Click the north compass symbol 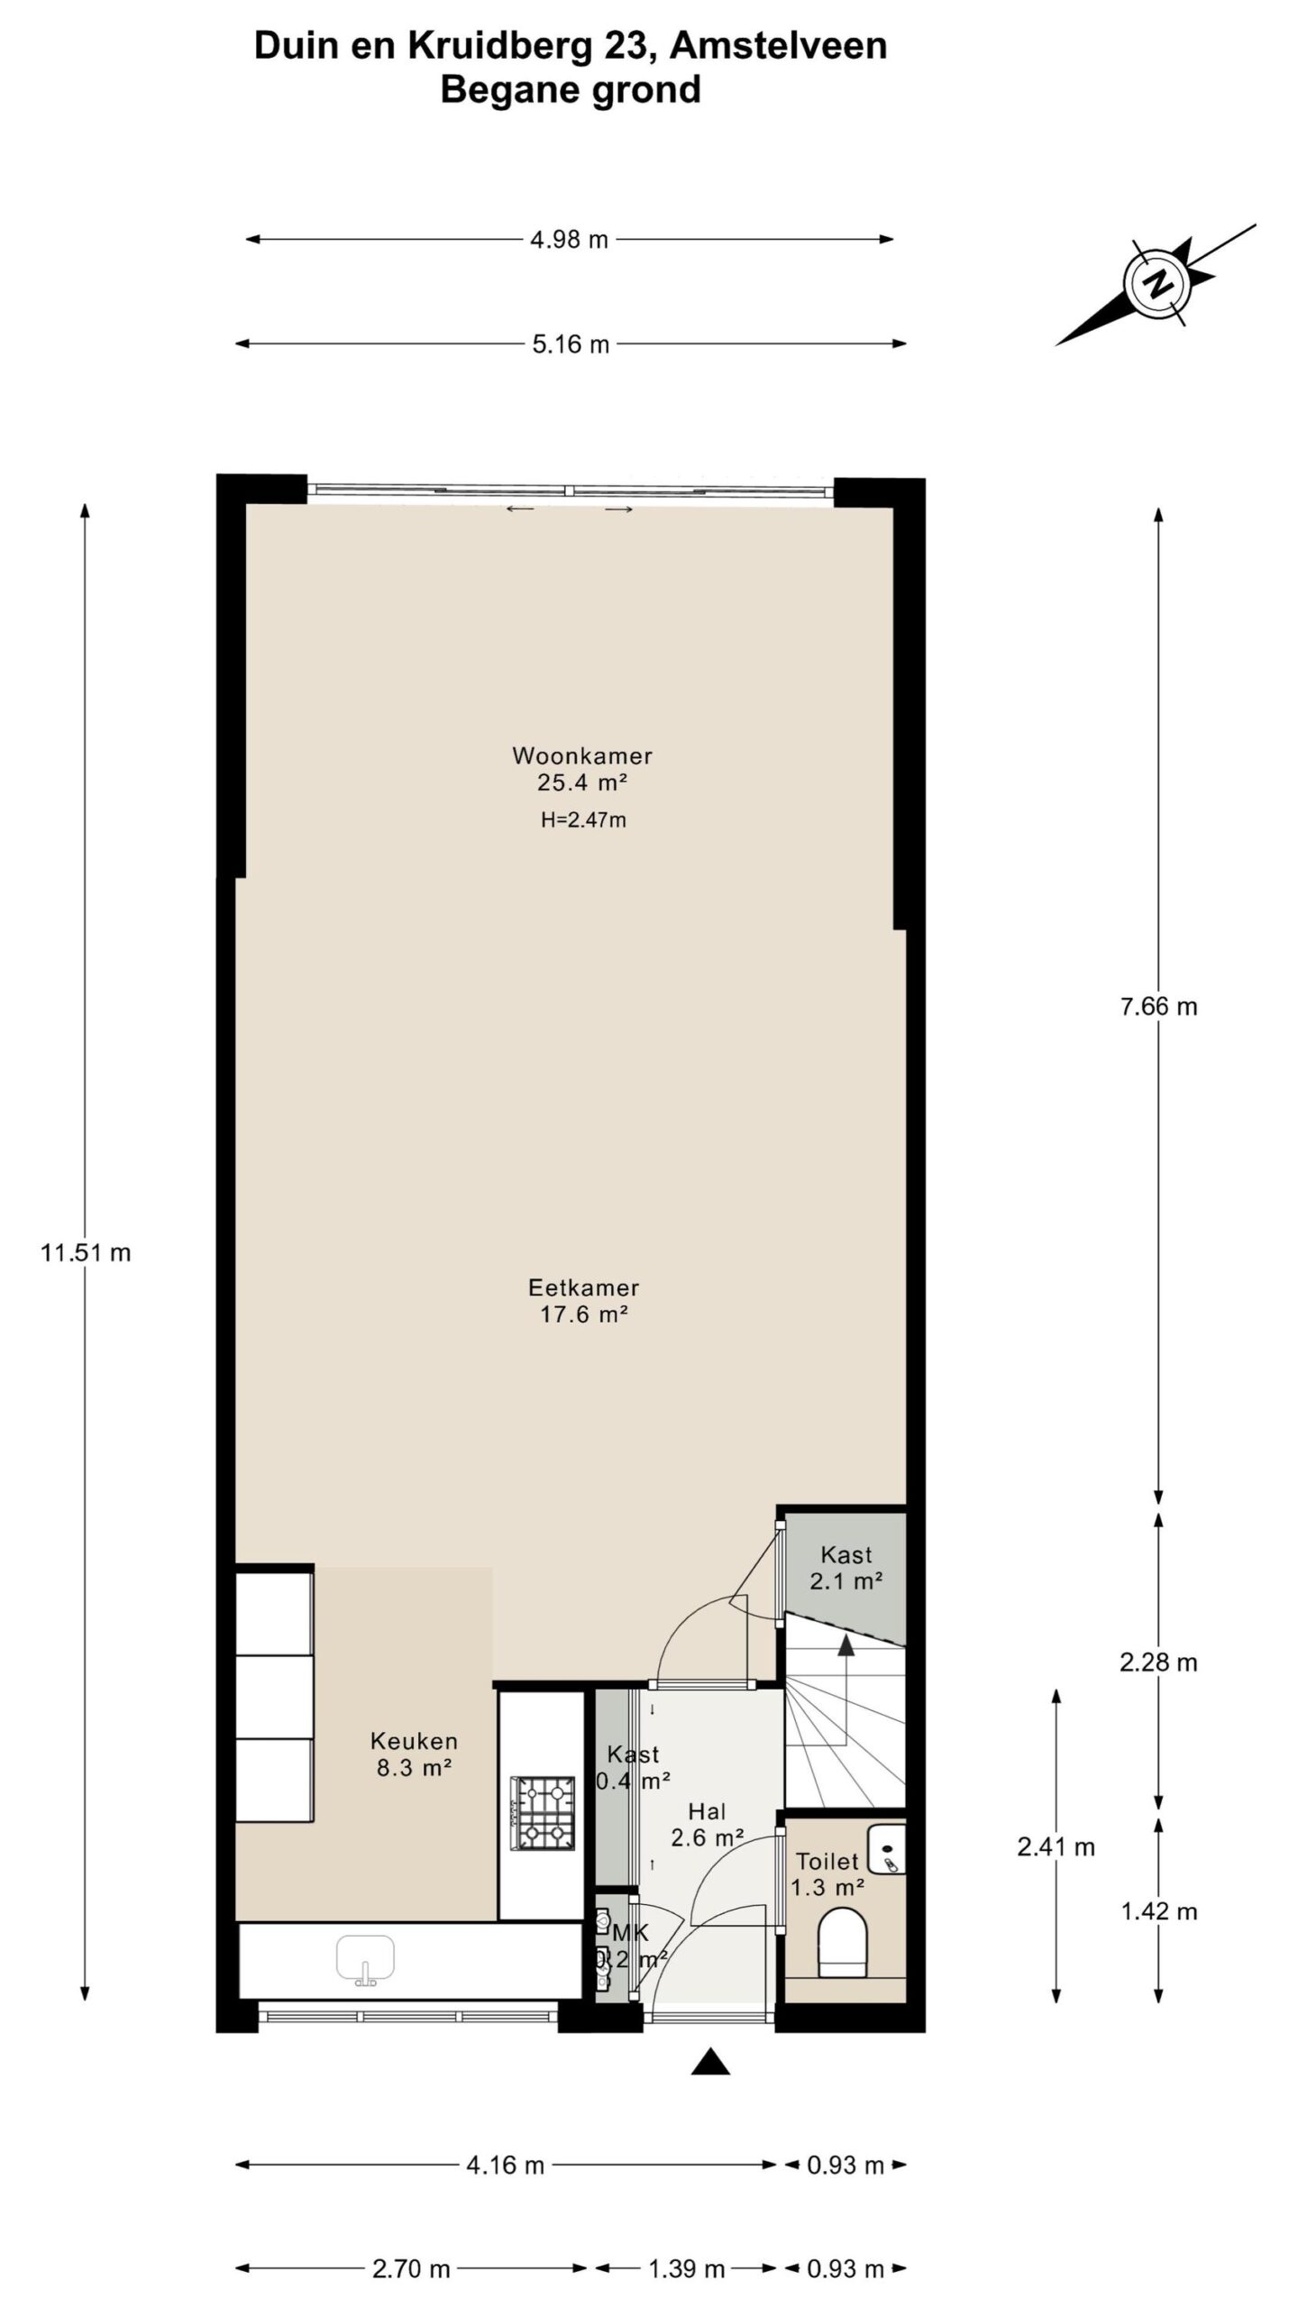[x=1157, y=284]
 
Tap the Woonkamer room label [x=582, y=756]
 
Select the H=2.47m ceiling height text [x=583, y=820]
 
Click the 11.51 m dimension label [x=86, y=1252]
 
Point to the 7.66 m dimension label [x=1158, y=1007]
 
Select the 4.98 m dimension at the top [x=569, y=240]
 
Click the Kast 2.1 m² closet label [x=846, y=1567]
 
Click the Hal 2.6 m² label [x=707, y=1824]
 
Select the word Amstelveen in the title [x=779, y=45]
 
